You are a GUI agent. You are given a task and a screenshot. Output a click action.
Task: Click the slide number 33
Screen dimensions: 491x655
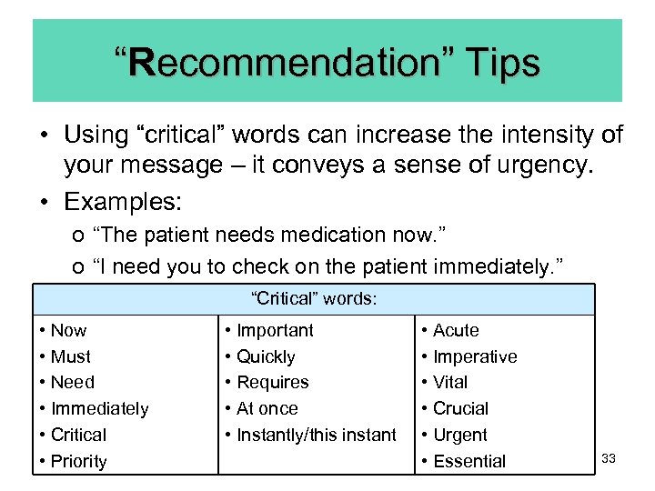tap(609, 458)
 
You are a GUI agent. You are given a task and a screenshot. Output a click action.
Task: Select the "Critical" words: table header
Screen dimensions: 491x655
tap(314, 298)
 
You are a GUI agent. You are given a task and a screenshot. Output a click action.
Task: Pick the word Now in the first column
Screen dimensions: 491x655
tap(69, 330)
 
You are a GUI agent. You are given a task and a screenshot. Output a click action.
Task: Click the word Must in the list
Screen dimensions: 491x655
tap(71, 356)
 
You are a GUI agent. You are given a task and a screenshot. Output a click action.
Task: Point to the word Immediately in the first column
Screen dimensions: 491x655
tap(99, 409)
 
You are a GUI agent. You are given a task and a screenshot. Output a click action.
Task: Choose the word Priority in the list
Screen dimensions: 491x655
tap(79, 461)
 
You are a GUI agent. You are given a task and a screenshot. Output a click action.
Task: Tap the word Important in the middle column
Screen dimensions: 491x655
tap(275, 330)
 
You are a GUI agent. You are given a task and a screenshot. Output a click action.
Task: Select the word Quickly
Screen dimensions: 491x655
tap(266, 356)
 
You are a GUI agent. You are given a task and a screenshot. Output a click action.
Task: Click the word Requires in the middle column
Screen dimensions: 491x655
tap(273, 383)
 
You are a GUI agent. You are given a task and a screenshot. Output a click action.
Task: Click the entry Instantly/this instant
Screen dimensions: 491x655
tap(317, 435)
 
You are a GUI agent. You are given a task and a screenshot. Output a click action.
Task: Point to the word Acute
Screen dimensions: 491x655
tap(456, 330)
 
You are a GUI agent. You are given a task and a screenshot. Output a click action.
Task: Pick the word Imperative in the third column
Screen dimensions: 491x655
tap(475, 356)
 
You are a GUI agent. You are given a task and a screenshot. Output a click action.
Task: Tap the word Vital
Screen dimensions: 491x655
tap(450, 383)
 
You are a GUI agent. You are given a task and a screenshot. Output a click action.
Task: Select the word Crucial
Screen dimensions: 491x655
tap(460, 409)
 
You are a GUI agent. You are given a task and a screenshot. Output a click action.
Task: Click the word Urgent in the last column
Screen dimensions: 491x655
tap(460, 435)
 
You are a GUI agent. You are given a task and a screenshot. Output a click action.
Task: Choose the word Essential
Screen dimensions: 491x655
tap(469, 461)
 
